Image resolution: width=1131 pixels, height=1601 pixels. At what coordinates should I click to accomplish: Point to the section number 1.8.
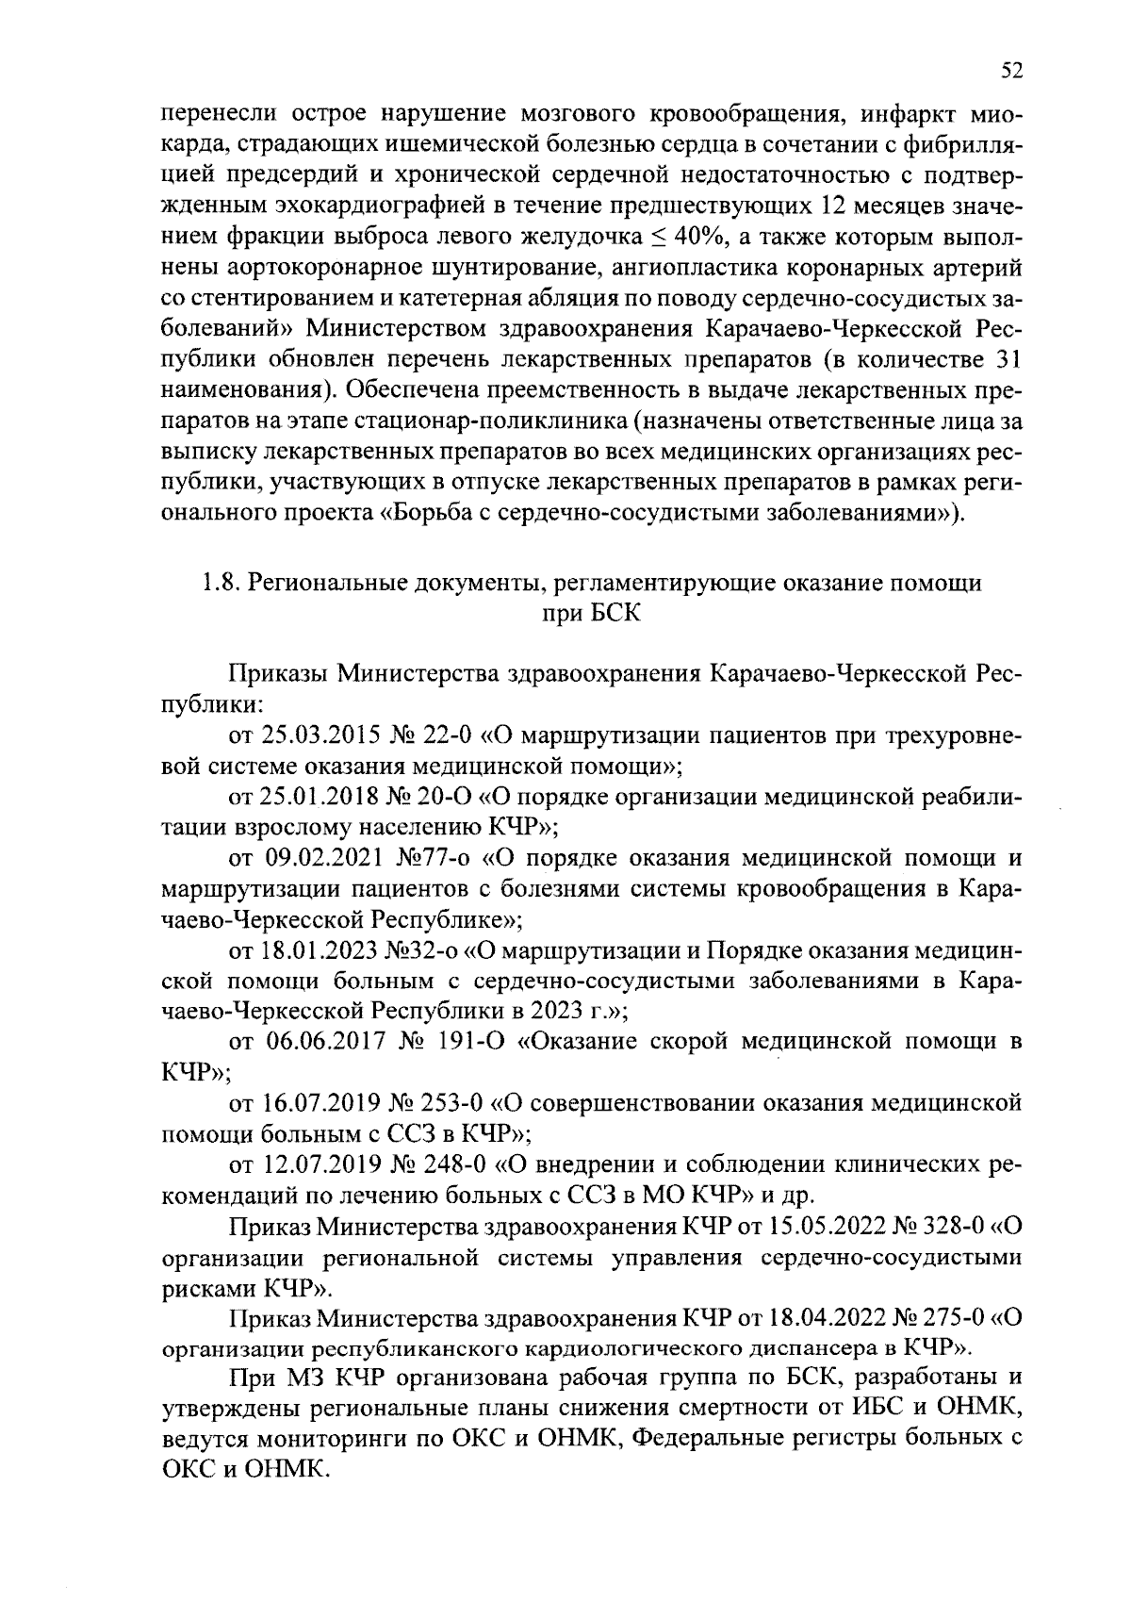[218, 583]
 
